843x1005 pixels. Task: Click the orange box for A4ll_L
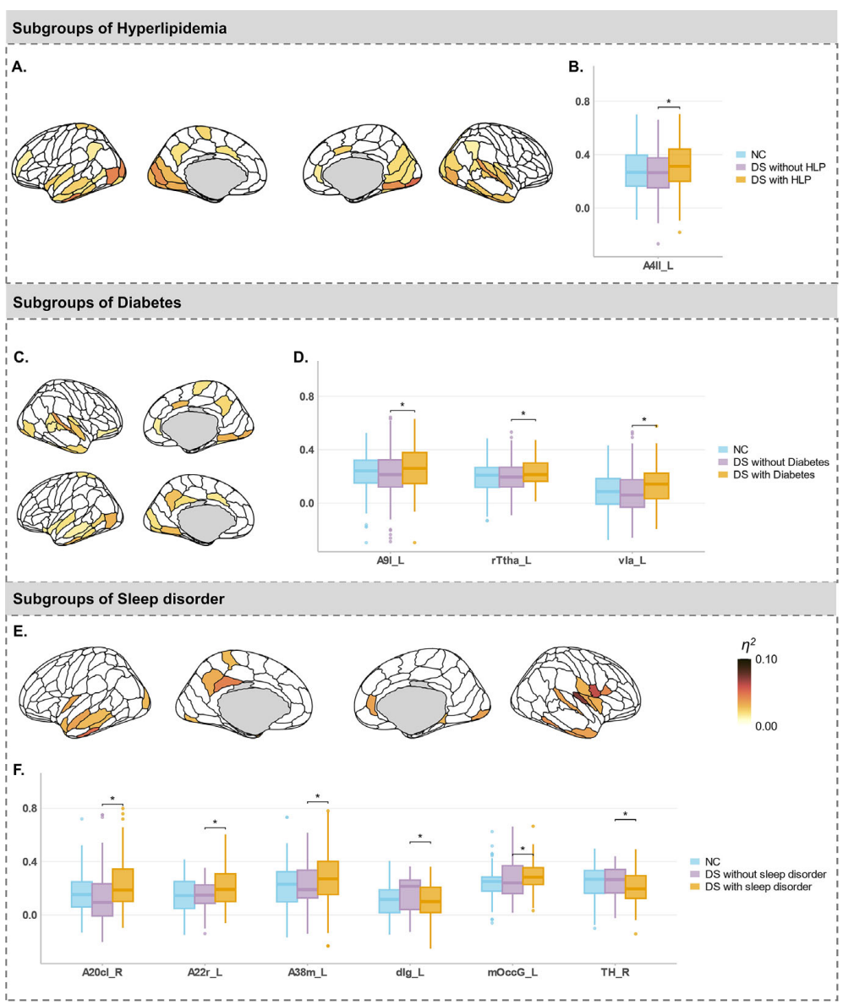click(679, 164)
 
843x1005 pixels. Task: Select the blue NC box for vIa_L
click(607, 491)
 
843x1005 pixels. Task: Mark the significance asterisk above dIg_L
click(420, 837)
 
